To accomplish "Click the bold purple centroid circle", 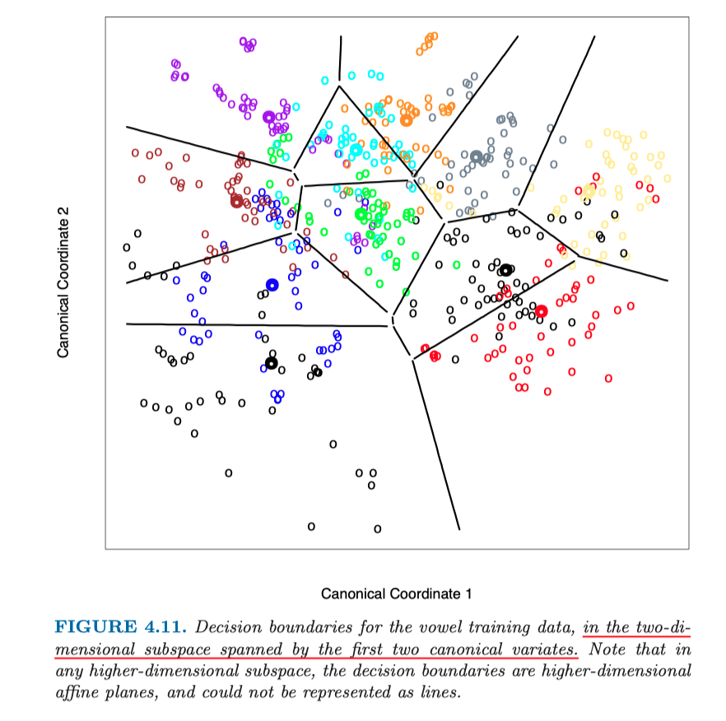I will point(268,118).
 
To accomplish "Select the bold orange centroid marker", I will point(406,120).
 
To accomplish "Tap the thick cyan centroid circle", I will point(356,149).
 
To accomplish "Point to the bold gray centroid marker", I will point(476,156).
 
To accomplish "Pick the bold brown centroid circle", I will point(237,201).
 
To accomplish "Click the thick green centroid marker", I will point(361,215).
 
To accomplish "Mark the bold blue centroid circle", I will point(272,285).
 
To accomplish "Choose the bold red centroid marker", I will point(541,310).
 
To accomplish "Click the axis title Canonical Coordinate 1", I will point(396,593).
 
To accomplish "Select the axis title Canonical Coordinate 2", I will point(63,282).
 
